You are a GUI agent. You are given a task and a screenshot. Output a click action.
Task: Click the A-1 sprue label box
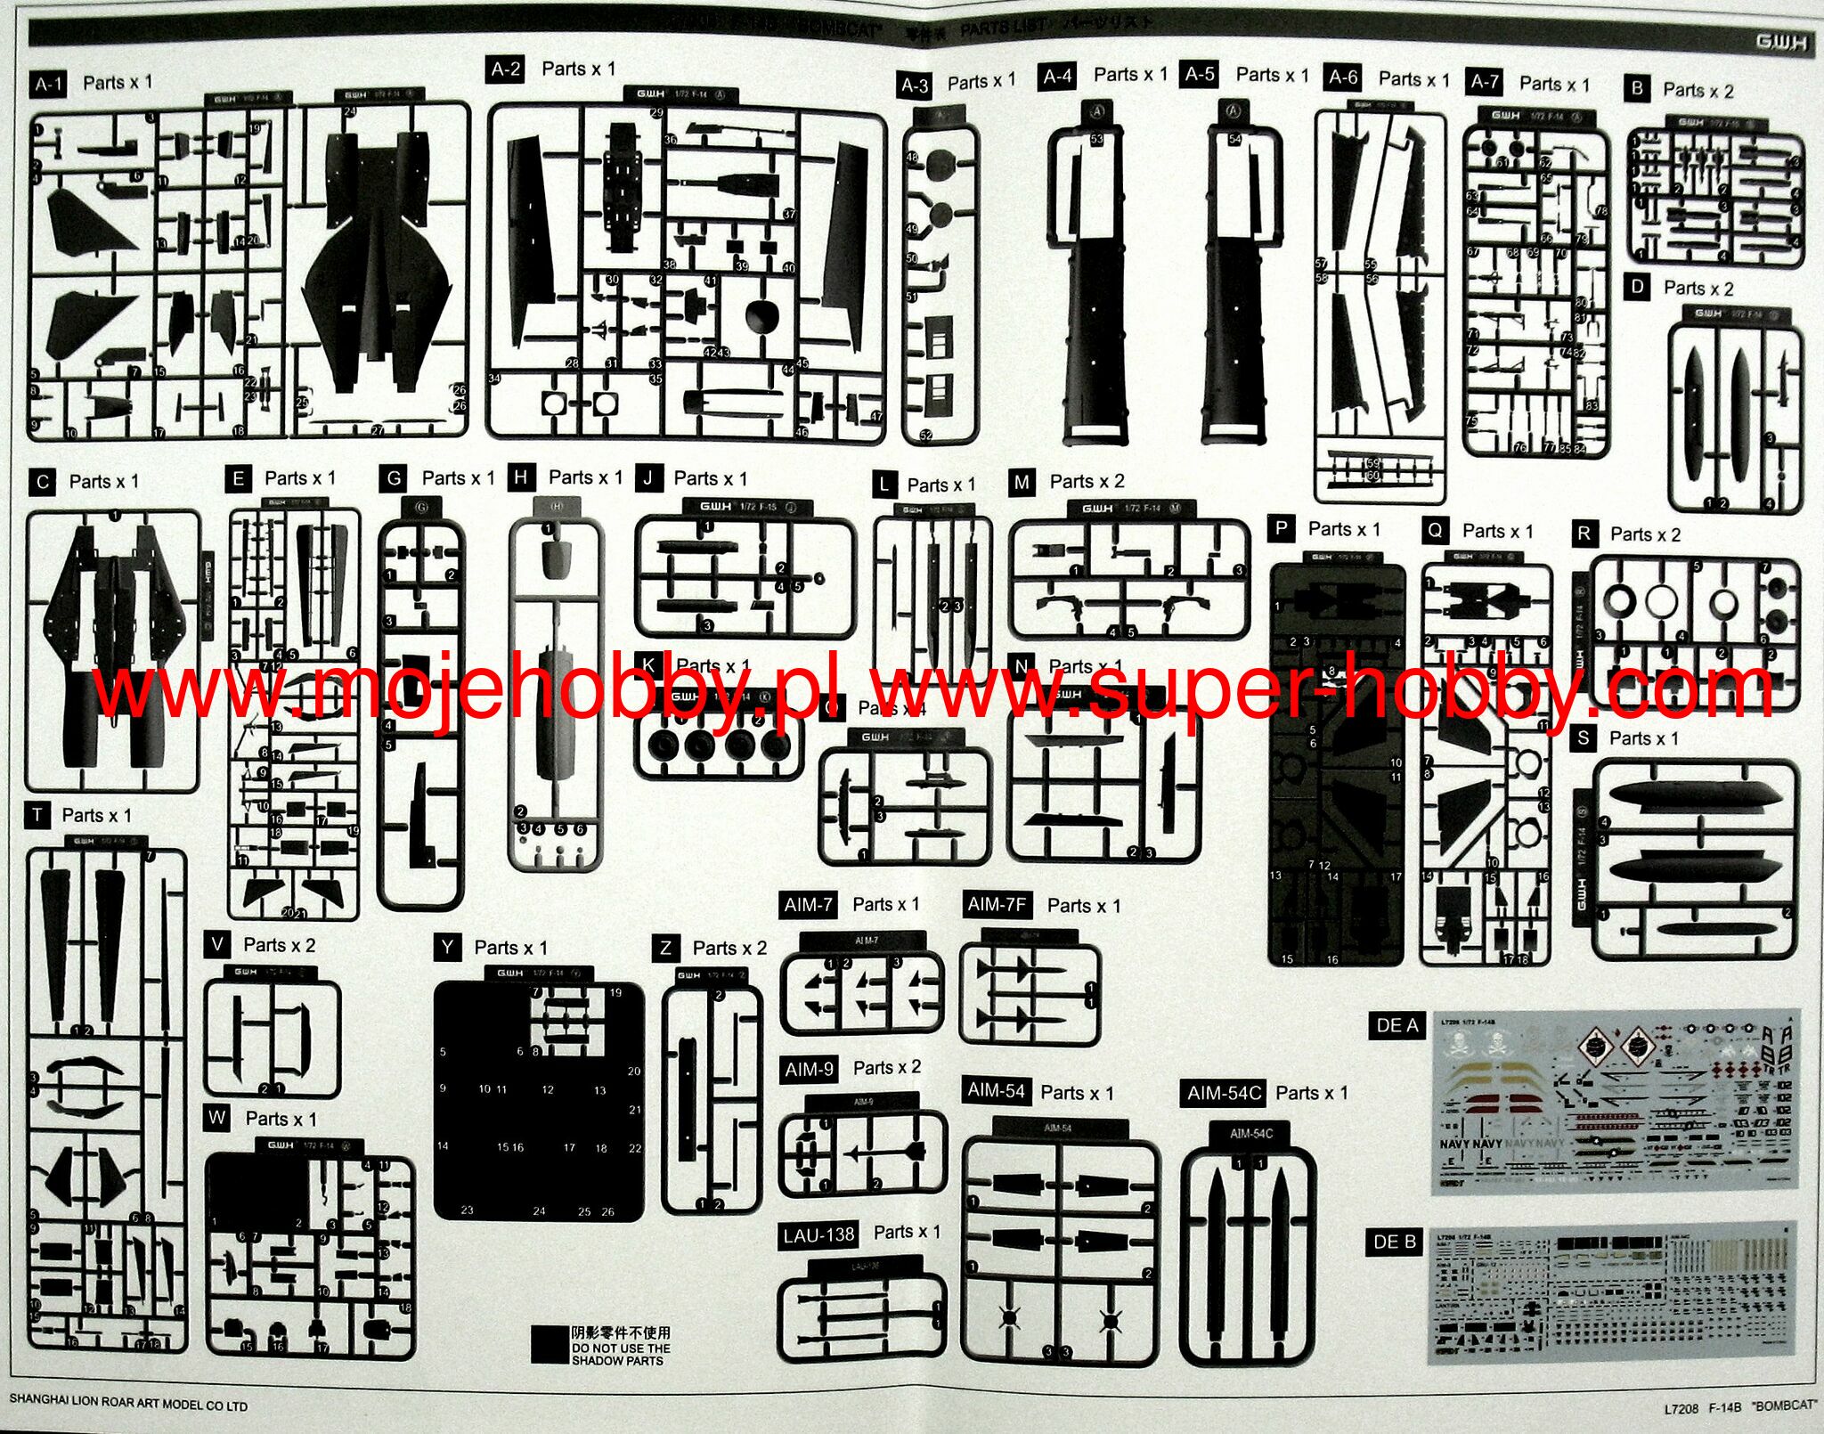tap(47, 85)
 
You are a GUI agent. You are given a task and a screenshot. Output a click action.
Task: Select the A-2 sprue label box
tap(506, 69)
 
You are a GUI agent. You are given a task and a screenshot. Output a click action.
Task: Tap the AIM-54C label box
tap(1224, 1093)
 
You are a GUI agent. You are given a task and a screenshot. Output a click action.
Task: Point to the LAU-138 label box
tap(818, 1235)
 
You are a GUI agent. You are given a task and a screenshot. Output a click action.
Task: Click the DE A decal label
tap(1396, 1025)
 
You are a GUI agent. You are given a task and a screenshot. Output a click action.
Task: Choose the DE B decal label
tap(1395, 1242)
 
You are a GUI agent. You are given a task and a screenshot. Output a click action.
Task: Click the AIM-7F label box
tap(997, 905)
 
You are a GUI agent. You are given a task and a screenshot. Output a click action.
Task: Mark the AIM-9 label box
tap(809, 1069)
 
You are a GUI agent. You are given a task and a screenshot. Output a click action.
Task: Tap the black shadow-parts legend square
tap(549, 1345)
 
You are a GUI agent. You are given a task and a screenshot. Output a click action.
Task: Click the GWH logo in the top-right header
tap(1779, 42)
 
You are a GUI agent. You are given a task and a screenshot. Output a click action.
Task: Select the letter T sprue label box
tap(37, 816)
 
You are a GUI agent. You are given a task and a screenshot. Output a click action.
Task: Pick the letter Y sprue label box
tap(447, 947)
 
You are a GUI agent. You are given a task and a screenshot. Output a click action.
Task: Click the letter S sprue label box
tap(1583, 738)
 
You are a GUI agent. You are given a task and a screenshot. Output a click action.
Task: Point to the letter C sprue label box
tap(43, 482)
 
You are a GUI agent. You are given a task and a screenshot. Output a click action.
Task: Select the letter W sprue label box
tap(216, 1118)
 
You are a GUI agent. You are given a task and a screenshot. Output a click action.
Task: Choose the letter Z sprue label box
tap(665, 949)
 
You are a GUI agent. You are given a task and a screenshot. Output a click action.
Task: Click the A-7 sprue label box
tap(1484, 83)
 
